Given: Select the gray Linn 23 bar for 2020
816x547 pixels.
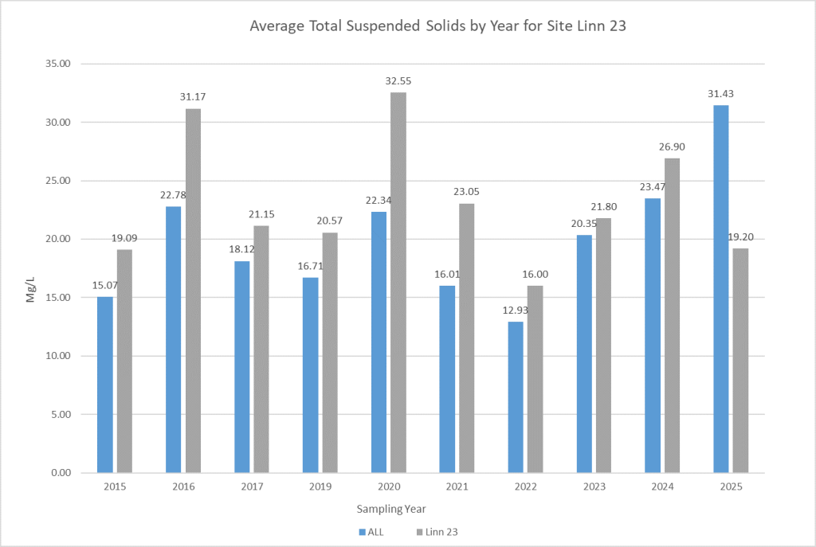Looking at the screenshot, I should click(x=398, y=283).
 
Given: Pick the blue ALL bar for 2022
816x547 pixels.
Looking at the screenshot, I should click(x=516, y=397).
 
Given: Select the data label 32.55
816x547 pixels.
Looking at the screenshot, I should click(x=397, y=81).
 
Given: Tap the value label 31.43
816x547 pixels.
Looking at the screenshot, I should click(x=720, y=94).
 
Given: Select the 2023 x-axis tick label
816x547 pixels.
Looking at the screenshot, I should click(x=594, y=486).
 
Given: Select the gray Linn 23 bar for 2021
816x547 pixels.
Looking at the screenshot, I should click(x=466, y=338).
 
